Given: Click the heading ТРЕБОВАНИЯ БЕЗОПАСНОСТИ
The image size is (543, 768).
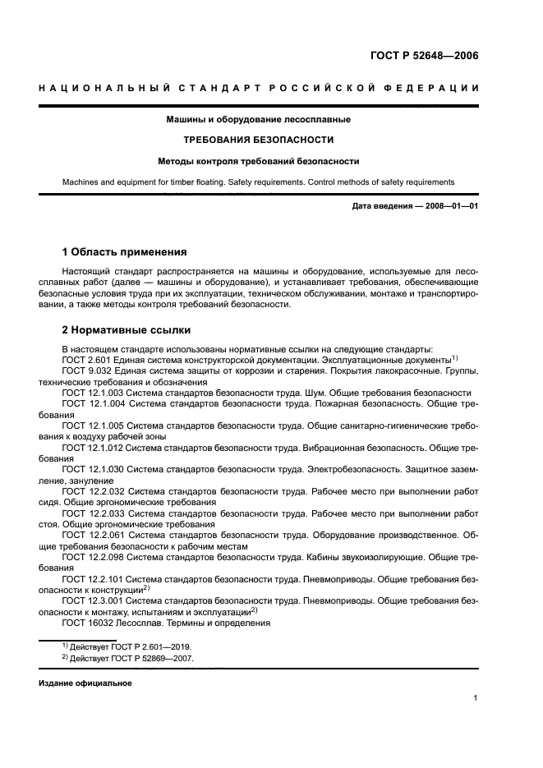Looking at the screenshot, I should click(x=270, y=140).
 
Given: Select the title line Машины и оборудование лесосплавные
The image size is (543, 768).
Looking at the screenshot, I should click(x=270, y=119).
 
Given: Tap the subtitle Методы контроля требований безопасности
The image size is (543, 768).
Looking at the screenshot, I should click(x=270, y=161).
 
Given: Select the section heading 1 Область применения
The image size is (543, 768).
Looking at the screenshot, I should click(x=125, y=251).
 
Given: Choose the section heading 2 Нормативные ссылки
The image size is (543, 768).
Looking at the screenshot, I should click(x=127, y=330).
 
